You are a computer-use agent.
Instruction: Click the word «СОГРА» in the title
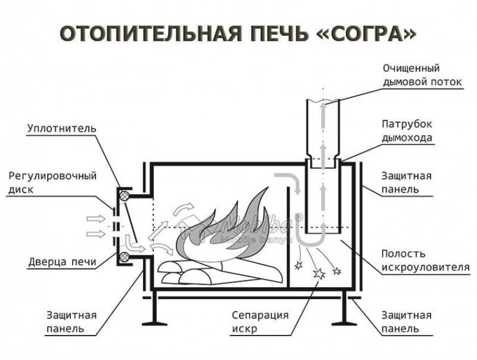[x=366, y=34]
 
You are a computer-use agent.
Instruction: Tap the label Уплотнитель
[x=61, y=128]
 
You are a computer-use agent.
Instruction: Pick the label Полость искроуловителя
[x=425, y=261]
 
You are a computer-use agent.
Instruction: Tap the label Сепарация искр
[x=261, y=322]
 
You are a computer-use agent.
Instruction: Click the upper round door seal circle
[x=124, y=196]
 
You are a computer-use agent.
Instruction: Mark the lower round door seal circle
[x=124, y=257]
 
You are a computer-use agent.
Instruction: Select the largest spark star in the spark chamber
[x=320, y=273]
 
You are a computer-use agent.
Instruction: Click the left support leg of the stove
[x=153, y=310]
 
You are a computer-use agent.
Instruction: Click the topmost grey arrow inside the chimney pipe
[x=323, y=114]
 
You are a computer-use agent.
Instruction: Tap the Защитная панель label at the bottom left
[x=72, y=322]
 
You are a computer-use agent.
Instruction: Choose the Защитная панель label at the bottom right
[x=407, y=322]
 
